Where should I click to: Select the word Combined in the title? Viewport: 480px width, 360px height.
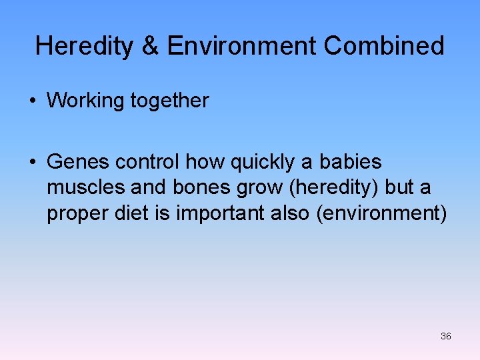384,46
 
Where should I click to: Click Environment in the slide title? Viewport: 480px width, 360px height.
242,46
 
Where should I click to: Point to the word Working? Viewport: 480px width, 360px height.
85,101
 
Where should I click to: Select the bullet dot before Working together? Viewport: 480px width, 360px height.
32,101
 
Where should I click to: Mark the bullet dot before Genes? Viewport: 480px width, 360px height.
32,162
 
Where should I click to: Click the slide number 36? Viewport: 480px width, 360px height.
446,336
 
